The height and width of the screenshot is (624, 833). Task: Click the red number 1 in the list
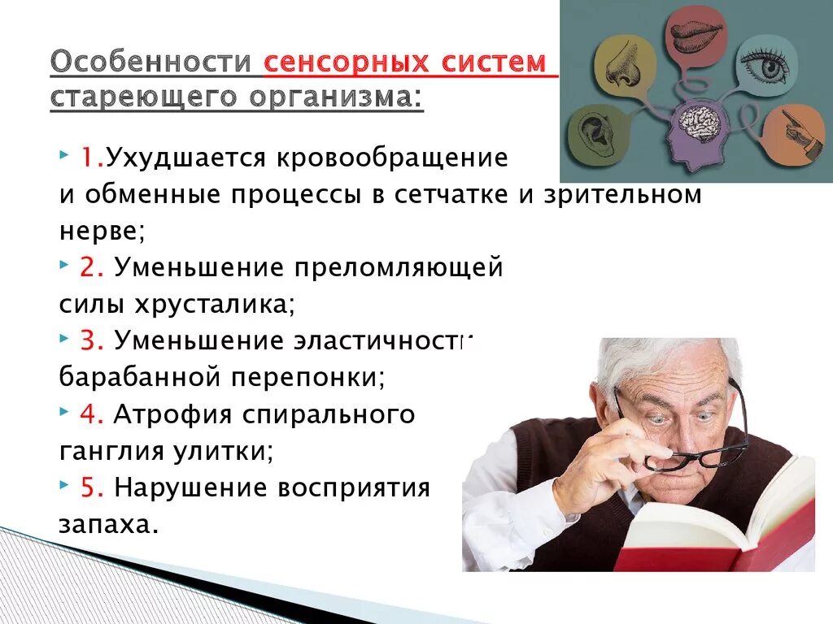[89, 158]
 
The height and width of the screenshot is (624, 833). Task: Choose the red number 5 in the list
[91, 487]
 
